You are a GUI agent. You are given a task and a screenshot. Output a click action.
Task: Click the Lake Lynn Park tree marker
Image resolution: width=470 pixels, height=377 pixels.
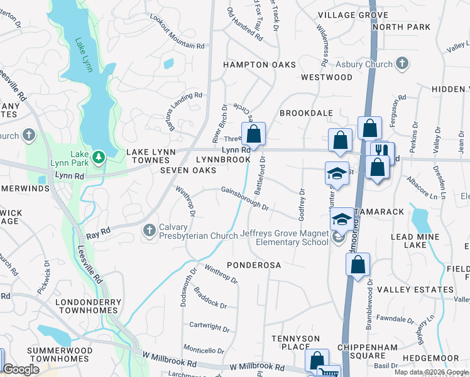coord(98,156)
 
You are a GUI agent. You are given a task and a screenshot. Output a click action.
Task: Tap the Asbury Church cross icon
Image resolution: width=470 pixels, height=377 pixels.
coord(402,63)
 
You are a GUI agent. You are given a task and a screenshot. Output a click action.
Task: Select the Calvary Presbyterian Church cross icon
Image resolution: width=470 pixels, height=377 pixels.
coord(150,231)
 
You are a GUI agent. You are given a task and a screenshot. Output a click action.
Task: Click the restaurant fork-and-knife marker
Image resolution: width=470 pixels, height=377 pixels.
coord(381,151)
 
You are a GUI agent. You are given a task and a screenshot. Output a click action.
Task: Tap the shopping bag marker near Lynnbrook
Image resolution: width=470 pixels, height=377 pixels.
coord(253,134)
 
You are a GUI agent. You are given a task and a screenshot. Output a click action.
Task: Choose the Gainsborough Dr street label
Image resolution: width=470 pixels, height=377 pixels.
coord(244,198)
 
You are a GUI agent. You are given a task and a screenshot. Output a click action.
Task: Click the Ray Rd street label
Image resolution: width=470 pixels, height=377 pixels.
coord(99,231)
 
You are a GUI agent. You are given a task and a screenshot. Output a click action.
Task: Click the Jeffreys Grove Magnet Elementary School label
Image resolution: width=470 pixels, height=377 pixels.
coord(284,238)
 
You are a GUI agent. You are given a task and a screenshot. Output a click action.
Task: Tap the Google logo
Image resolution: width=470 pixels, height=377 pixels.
coord(21,369)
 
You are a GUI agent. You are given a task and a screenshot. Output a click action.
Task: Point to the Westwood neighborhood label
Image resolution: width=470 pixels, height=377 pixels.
coord(327,77)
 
